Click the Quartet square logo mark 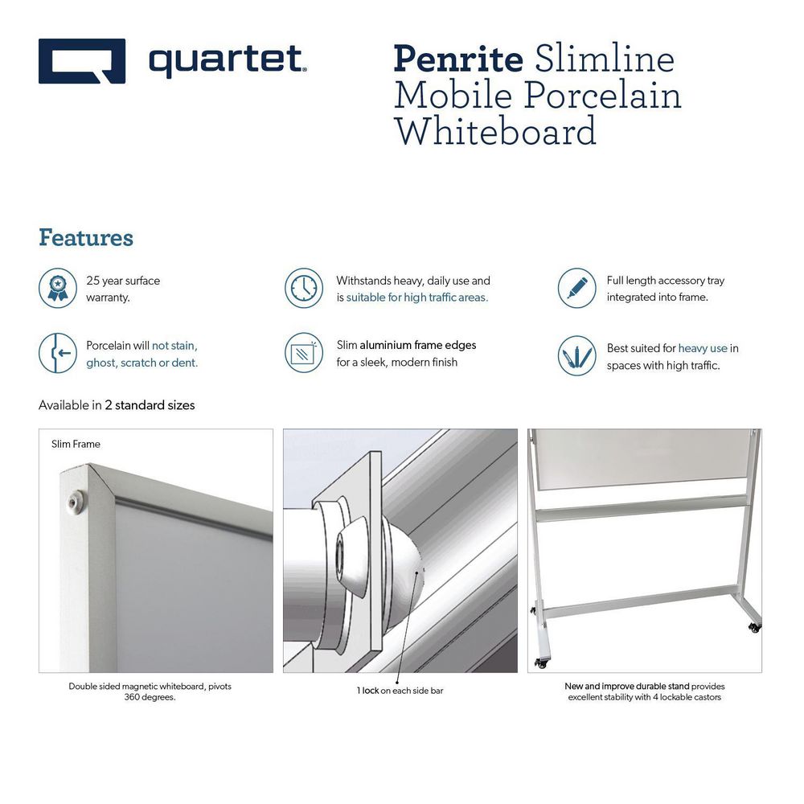82,61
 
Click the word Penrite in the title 458,60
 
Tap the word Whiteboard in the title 495,131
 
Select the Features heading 86,237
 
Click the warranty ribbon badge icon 58,288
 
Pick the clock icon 304,288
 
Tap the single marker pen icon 576,288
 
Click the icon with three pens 576,355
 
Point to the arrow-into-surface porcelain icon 58,353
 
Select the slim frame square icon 304,353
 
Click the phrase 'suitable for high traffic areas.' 417,297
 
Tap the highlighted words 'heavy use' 703,348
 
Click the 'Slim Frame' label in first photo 76,444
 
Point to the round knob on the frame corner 76,499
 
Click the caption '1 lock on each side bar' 400,691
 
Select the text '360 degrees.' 150,697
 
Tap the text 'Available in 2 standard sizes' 117,405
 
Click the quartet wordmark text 228,62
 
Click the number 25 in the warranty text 92,281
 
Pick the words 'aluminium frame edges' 418,345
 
